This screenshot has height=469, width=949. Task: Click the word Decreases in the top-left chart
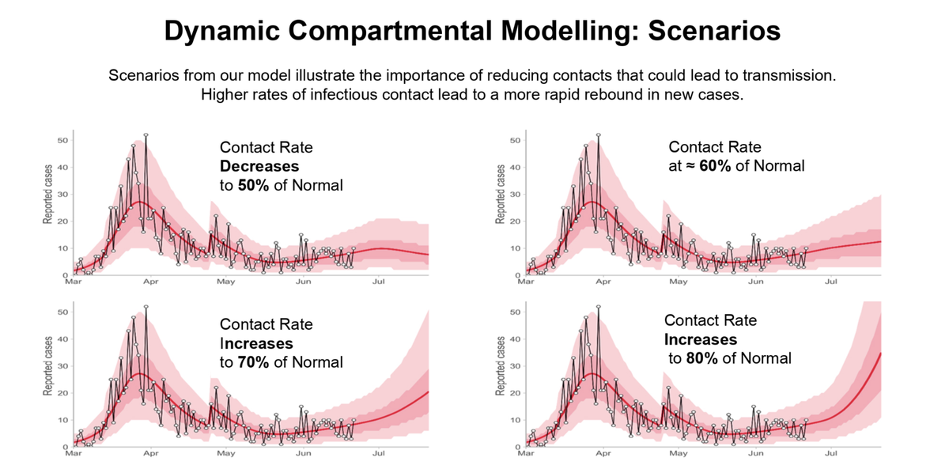(x=259, y=167)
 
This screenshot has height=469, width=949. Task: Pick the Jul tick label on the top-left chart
(x=379, y=281)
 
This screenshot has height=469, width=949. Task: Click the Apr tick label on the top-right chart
(x=603, y=281)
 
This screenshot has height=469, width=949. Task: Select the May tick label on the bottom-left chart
(x=225, y=453)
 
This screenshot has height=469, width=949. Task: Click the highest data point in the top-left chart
(x=146, y=135)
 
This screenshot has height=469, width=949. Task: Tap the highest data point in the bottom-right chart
(x=599, y=306)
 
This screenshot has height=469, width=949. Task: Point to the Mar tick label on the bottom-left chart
(x=73, y=453)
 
